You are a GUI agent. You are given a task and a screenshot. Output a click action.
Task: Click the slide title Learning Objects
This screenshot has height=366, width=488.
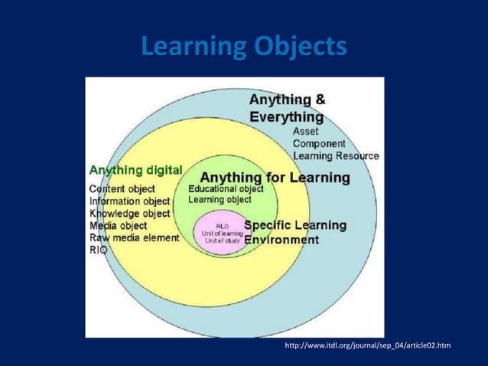[243, 47]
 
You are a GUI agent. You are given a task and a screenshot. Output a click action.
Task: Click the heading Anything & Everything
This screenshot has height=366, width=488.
[288, 108]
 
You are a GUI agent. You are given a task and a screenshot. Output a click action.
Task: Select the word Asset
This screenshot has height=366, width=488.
[306, 131]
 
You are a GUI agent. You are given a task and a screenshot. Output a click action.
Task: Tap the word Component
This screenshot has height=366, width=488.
[319, 143]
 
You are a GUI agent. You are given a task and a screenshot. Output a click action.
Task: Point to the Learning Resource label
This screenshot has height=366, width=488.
[336, 155]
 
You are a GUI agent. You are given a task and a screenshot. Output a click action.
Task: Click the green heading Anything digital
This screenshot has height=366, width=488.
[136, 170]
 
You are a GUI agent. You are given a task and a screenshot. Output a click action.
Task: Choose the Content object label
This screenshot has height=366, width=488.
[122, 188]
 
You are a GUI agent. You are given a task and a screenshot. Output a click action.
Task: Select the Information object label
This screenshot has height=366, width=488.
[130, 201]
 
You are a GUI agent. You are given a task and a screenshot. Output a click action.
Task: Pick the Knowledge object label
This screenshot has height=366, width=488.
[130, 214]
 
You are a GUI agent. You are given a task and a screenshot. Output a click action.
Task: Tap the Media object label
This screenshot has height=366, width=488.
[119, 226]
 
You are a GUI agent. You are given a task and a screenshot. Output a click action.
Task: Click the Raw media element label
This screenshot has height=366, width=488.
[135, 238]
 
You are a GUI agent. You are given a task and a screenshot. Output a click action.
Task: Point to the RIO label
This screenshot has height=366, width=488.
[99, 250]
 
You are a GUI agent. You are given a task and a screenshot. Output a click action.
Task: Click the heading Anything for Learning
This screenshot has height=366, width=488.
[275, 178]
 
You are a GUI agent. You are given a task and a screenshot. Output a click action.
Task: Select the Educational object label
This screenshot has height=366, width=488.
[226, 189]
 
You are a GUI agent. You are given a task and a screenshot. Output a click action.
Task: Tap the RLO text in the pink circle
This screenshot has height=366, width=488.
[221, 226]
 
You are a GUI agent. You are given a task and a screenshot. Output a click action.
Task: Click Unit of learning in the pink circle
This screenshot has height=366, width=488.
[222, 233]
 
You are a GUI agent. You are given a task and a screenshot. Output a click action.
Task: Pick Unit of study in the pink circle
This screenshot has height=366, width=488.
[222, 240]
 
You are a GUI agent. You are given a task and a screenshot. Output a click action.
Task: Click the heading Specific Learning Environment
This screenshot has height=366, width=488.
[294, 232]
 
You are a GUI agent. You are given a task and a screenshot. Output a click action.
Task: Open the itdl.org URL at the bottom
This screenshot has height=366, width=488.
[367, 347]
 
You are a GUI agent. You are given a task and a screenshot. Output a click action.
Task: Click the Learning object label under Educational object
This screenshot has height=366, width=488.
[220, 200]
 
